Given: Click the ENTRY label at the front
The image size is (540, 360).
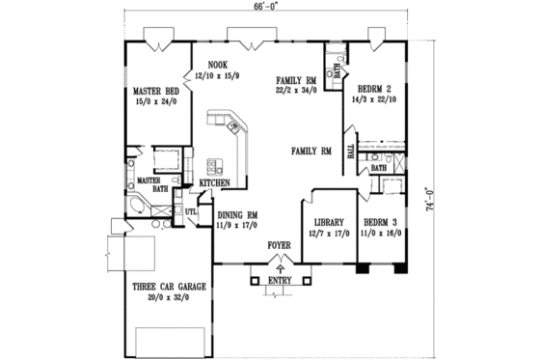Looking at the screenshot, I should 278,280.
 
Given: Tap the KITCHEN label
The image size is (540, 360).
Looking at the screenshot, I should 213,182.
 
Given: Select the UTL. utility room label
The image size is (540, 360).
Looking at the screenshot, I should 191,210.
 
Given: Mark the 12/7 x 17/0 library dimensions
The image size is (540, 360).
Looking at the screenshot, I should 324,235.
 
